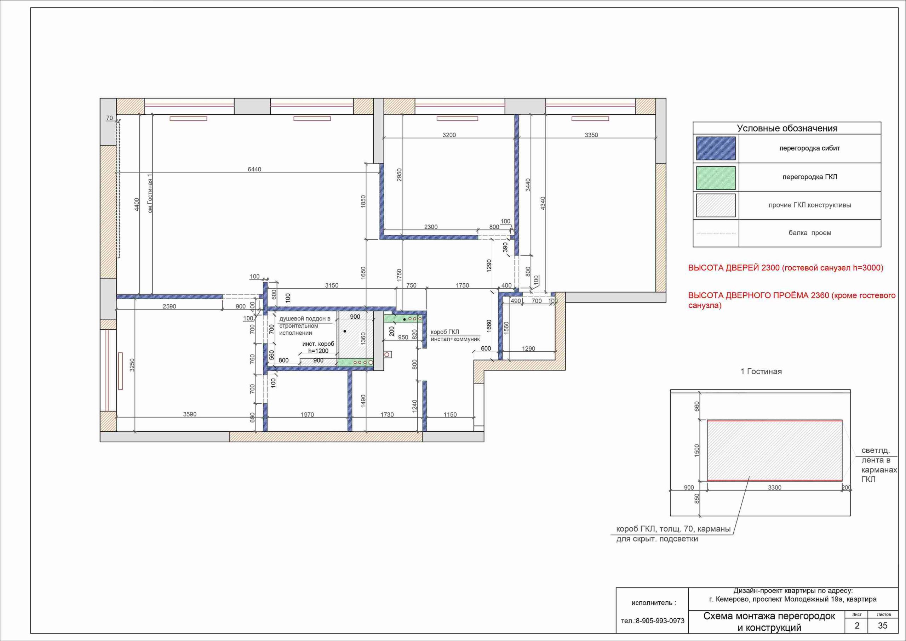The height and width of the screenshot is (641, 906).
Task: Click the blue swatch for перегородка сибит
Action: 716,148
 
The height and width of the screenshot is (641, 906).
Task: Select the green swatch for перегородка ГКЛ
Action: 716,178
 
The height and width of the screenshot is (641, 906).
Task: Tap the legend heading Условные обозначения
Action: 787,128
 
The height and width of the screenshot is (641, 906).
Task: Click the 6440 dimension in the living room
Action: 254,169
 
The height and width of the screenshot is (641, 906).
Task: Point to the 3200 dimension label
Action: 449,135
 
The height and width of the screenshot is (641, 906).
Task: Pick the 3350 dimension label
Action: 591,135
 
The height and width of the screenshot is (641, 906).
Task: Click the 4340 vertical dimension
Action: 543,203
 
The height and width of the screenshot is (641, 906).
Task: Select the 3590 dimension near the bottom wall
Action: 190,414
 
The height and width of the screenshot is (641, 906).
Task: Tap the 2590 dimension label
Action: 169,306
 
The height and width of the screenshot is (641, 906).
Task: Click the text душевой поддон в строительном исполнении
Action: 305,326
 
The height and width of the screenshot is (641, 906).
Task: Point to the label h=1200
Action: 319,351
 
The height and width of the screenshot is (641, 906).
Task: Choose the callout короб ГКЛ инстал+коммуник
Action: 455,336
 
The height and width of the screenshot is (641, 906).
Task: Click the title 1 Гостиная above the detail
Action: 761,371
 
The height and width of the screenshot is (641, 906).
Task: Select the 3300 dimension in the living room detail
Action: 775,488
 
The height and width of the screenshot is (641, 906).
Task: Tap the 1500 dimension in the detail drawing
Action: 697,450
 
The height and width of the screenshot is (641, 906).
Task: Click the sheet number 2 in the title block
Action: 857,626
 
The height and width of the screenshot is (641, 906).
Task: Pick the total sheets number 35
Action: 883,626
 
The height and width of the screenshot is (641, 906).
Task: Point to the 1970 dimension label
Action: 308,415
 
